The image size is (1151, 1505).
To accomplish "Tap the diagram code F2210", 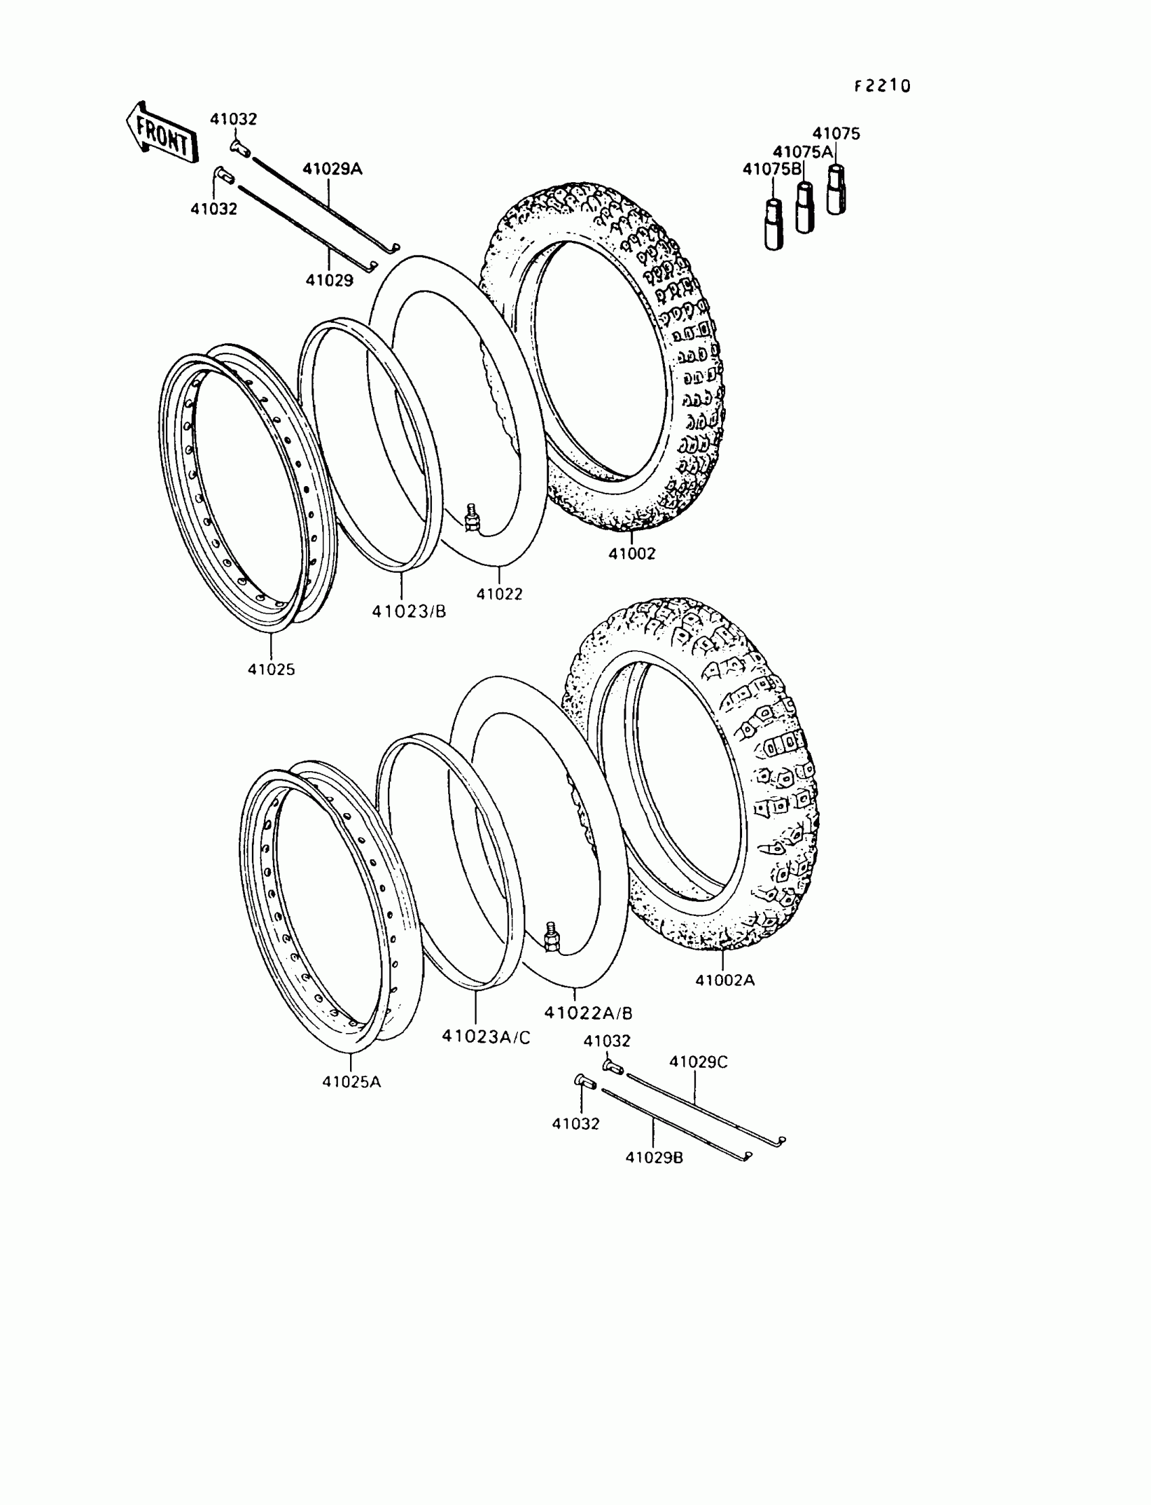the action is coord(882,86).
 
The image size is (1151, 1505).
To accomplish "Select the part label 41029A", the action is coord(332,169).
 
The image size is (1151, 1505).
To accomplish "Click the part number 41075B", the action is coord(771,169).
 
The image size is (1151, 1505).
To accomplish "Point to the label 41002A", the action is coord(725,980).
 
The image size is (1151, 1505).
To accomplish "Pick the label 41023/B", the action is coord(408,611).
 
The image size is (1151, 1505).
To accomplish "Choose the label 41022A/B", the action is coord(588,1012).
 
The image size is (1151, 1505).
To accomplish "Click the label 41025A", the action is coord(351,1082).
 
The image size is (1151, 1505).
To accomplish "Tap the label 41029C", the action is coord(698,1062).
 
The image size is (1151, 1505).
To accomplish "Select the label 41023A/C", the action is coord(485,1037).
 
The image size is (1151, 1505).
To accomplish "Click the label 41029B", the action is coord(653,1158).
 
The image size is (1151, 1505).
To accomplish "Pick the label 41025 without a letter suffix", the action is coord(272,670).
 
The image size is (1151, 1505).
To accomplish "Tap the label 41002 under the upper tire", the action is coord(632,554).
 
